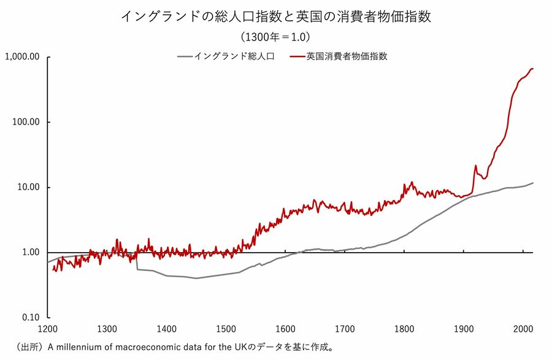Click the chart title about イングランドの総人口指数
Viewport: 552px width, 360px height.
coord(275,17)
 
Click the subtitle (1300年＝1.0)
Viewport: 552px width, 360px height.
coord(275,37)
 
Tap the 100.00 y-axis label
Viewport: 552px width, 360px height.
coord(25,122)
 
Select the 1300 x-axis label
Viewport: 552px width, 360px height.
coord(107,329)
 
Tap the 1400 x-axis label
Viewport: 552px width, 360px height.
coord(166,329)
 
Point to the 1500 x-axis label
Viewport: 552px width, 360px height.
coord(226,329)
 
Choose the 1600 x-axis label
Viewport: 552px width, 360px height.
coord(285,329)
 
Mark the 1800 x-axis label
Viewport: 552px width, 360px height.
coord(404,329)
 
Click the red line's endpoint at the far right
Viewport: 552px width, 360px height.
coord(532,69)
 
